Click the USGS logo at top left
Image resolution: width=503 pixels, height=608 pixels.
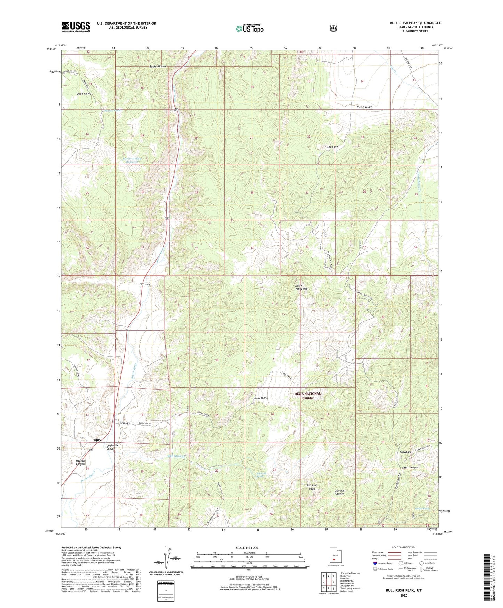[76, 27]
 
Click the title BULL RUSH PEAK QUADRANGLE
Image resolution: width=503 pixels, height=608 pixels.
[415, 23]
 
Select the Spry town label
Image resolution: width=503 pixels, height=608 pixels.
[97, 440]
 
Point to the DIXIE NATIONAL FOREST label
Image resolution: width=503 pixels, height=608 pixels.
[308, 396]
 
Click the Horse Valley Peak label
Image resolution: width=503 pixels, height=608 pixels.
[302, 287]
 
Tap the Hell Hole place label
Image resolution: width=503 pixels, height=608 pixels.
[145, 284]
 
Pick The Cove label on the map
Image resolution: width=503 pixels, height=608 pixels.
[332, 147]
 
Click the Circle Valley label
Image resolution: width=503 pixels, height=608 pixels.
[364, 107]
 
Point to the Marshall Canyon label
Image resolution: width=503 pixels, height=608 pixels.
[339, 492]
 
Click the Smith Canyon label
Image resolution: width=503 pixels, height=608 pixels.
[410, 467]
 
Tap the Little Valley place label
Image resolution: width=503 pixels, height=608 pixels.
[84, 94]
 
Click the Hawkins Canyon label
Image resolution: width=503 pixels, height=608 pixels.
[80, 462]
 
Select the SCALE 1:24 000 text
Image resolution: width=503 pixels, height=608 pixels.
[247, 548]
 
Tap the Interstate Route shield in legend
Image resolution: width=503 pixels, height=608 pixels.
[375, 563]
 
